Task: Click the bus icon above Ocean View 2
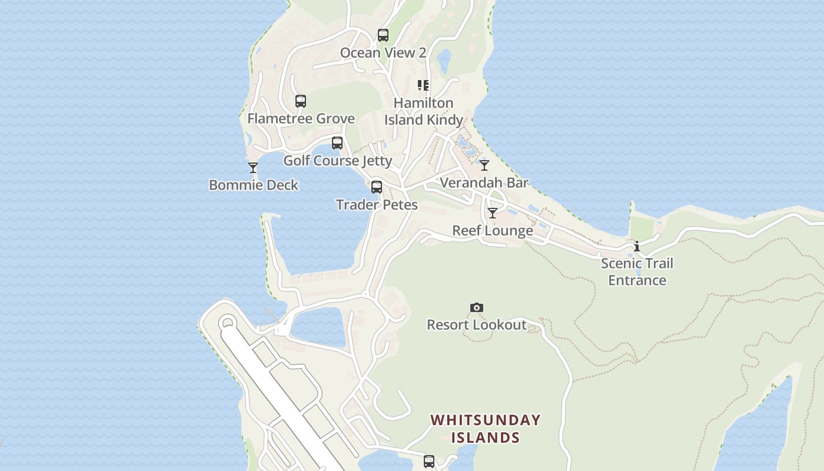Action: point(383,35)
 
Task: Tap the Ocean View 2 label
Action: point(383,53)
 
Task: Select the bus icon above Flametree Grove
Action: point(301,101)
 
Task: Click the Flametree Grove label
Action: point(301,118)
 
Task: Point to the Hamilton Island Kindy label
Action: point(424,111)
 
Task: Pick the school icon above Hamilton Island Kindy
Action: point(423,85)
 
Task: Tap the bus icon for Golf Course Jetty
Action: point(337,143)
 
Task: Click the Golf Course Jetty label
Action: point(337,161)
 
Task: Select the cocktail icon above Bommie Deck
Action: point(253,168)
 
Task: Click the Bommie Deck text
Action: point(254,185)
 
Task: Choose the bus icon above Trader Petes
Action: point(377,187)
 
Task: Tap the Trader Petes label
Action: point(377,205)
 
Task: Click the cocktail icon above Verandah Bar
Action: point(484,165)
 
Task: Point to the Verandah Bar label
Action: point(484,183)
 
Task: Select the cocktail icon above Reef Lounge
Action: point(493,213)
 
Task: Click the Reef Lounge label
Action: point(493,230)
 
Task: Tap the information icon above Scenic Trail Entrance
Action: point(637,246)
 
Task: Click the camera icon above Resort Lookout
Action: point(477,307)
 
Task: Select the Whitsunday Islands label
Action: point(486,429)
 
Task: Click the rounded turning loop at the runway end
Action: point(228,323)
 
